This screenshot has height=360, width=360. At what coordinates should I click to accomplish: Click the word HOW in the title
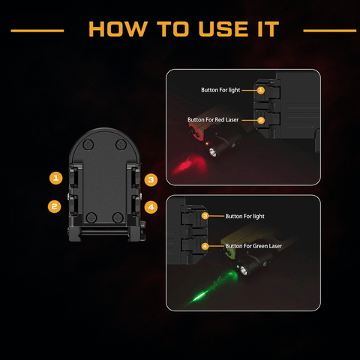pos(118,29)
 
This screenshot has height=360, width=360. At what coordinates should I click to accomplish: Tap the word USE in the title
pos(223,29)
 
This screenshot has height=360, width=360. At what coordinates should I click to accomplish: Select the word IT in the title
pos(268,29)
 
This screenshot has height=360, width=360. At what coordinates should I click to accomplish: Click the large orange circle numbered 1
pos(55,178)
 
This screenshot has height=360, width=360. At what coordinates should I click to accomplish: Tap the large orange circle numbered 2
pos(55,206)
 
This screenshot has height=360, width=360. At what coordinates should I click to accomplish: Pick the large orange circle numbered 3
pos(151,180)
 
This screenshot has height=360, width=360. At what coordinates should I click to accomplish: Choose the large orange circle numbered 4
pos(151,207)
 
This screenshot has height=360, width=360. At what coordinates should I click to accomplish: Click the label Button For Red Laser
pos(213,120)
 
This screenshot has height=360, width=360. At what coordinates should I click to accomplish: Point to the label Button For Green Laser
pos(253,246)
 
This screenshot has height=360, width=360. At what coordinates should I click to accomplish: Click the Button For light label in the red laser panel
pos(220,90)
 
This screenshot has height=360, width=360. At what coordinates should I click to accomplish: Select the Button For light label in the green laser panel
pos(244,216)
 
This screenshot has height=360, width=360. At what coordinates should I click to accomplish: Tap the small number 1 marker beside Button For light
pos(261,90)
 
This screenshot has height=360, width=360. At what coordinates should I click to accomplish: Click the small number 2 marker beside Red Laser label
pos(261,120)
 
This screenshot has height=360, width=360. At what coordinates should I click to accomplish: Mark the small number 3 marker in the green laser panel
pos(205,216)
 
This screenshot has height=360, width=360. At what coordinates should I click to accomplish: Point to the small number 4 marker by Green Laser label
pos(205,246)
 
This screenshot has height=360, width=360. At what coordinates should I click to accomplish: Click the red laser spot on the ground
pos(190,165)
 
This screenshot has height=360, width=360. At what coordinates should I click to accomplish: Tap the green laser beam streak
pos(212,287)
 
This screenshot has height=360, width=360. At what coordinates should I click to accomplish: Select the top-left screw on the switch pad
pos(88,145)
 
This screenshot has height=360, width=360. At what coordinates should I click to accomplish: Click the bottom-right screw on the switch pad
pos(118,217)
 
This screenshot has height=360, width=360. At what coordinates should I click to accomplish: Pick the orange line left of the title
pos(37,31)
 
